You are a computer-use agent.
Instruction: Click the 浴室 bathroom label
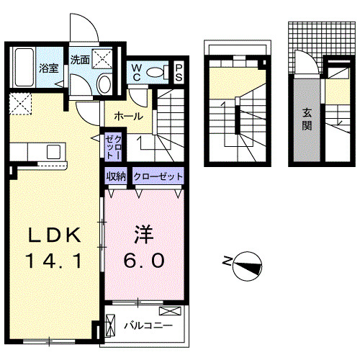coord(49,68)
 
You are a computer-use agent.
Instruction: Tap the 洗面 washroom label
coord(80,60)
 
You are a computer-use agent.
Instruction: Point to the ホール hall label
coord(128,116)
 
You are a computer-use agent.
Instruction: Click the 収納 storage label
coord(117,176)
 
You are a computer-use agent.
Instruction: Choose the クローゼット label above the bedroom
coord(158,176)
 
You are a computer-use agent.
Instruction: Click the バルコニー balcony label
coord(148,325)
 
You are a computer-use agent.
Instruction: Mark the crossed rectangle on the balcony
coord(171,311)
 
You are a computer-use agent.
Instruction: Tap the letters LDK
coord(59,235)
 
